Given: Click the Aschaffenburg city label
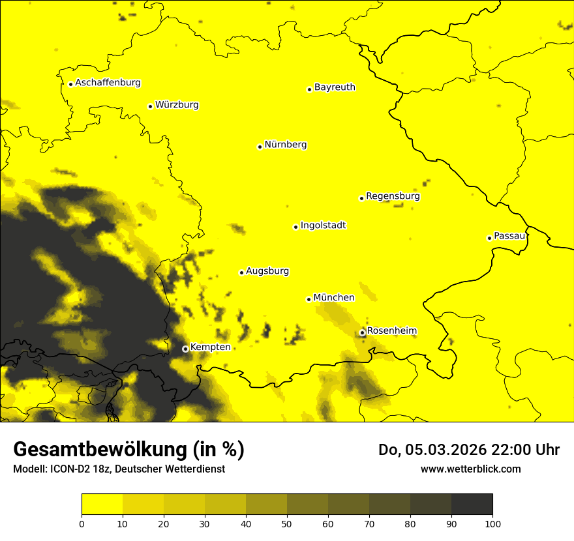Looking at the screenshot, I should click(x=108, y=83).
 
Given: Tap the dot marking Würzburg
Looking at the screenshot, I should click(x=150, y=106).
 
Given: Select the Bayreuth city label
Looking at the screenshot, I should click(x=335, y=87).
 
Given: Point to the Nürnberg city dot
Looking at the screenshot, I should click(x=260, y=147).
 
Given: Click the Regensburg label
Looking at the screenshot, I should click(x=393, y=196).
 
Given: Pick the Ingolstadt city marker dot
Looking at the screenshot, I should click(x=295, y=227).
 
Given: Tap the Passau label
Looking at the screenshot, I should click(x=509, y=235).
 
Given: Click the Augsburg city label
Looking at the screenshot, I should click(x=267, y=270).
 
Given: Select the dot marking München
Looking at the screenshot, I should click(x=309, y=299).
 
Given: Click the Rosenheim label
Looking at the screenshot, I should click(x=391, y=330).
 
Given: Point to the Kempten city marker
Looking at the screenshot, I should click(x=185, y=349).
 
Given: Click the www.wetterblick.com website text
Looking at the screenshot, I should click(x=470, y=469).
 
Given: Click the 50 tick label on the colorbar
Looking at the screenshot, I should click(x=287, y=523).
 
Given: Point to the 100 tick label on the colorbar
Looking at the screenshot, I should click(x=492, y=523).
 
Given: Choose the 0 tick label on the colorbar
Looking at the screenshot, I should click(x=82, y=523).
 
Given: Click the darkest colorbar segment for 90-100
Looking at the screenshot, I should click(x=472, y=504).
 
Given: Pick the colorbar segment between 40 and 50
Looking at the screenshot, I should click(x=266, y=504).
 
